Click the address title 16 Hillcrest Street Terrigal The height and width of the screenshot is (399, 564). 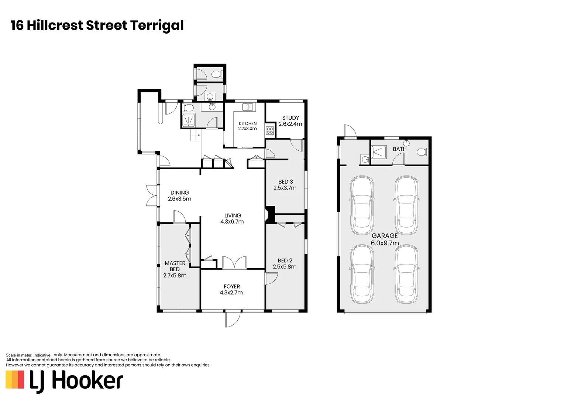pos(97,25)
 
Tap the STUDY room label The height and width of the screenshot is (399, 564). pos(290,118)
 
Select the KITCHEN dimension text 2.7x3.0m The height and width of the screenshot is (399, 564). pos(247,129)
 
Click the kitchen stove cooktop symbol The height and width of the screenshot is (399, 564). pos(269,130)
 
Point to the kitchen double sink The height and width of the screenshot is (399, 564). pos(247,107)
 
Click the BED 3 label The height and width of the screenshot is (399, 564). pos(285,181)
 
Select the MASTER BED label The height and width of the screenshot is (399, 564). pos(175,266)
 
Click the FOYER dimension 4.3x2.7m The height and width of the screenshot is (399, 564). pos(232,293)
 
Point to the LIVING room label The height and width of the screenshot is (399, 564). pos(233,215)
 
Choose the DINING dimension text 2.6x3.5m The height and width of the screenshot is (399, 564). pos(179,199)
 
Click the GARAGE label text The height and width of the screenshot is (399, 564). pos(385,236)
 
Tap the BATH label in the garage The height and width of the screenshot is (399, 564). pos(399,149)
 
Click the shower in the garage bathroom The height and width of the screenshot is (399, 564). pos(378,151)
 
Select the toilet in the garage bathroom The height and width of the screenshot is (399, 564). pos(422,151)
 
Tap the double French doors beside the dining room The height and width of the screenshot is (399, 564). pos(151,195)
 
